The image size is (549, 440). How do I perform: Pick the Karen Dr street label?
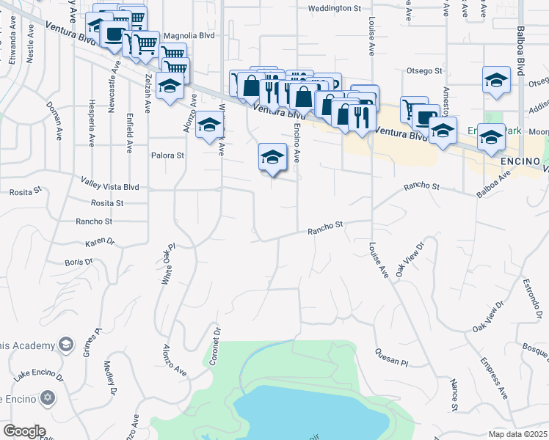(101, 242)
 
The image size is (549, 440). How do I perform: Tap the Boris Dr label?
(79, 262)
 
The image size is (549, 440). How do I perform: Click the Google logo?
(24, 430)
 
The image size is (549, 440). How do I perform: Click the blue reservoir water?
(308, 414)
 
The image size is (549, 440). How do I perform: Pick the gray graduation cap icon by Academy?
(66, 345)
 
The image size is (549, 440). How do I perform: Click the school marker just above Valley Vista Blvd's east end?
(272, 157)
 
